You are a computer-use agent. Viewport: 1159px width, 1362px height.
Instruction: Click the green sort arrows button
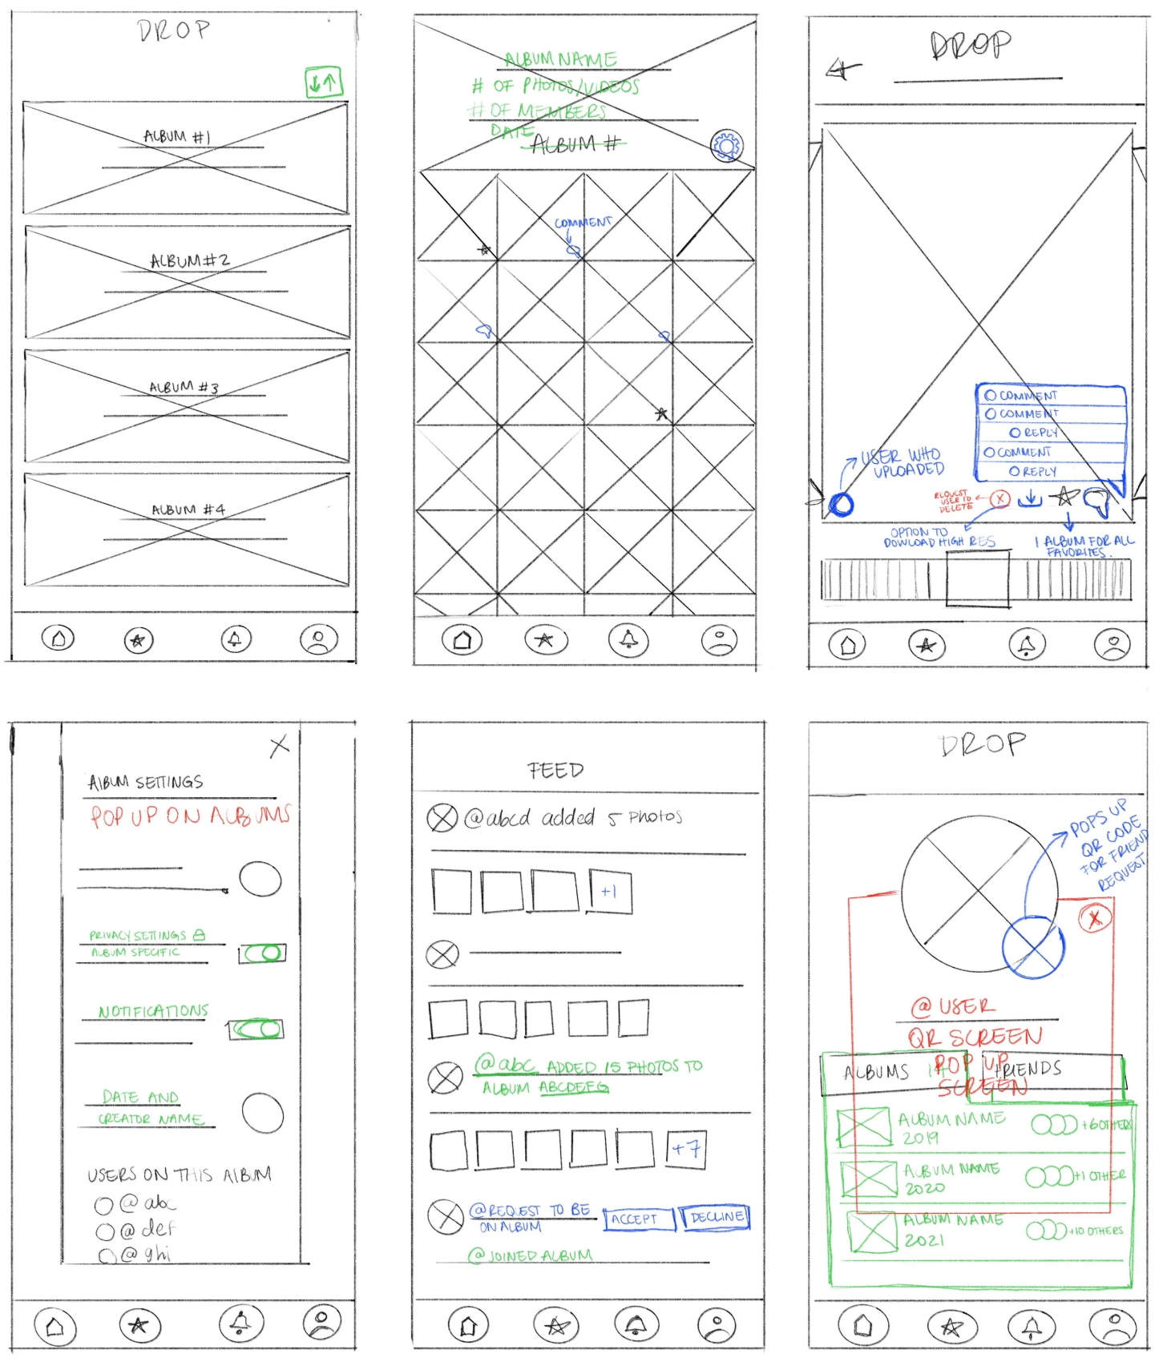tap(324, 82)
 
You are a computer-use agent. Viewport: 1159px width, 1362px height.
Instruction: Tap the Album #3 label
tap(184, 387)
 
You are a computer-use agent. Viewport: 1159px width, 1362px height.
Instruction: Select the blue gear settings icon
tap(727, 146)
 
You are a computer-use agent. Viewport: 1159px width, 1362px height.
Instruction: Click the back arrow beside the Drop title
tap(843, 71)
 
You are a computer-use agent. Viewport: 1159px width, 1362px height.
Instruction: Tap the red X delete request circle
tap(999, 499)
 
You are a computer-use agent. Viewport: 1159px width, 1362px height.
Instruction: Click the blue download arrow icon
tap(1030, 499)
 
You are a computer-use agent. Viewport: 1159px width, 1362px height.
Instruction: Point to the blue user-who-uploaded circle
tap(842, 505)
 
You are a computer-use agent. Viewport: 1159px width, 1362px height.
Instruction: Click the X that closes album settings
tap(279, 747)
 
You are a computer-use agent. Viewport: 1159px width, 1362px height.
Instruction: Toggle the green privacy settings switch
tap(263, 953)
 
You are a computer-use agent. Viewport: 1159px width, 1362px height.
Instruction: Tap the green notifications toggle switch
tap(256, 1030)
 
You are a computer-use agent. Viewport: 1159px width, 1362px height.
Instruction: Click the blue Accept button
tap(639, 1219)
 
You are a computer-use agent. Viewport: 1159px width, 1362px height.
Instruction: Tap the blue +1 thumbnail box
tap(610, 892)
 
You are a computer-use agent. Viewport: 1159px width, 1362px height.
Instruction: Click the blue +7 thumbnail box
tap(686, 1150)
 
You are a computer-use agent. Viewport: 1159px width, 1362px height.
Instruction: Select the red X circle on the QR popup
tap(1095, 918)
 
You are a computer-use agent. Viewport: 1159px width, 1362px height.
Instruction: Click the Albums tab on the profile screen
tap(876, 1072)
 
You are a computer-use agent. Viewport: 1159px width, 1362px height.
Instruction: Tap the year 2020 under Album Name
tap(924, 1189)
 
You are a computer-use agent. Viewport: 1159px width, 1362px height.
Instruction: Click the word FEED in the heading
tap(555, 771)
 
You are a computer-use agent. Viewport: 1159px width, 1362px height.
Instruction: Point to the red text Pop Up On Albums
tap(189, 816)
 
